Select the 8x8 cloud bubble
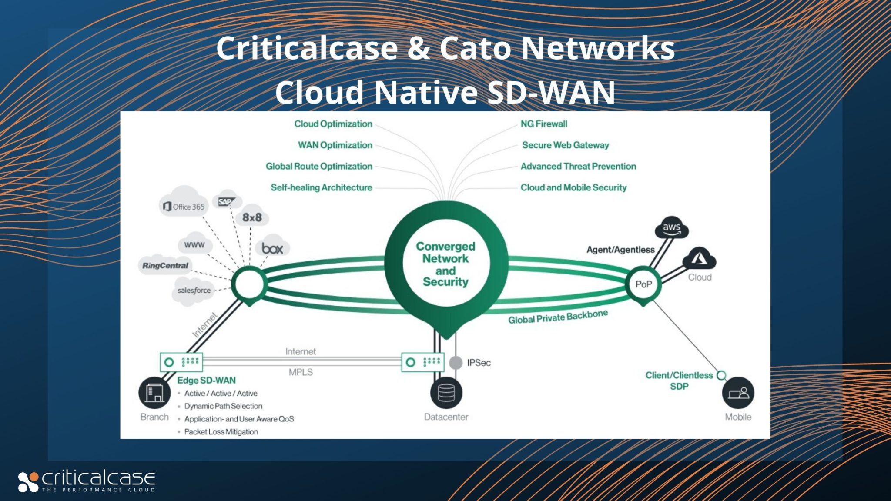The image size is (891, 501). [252, 216]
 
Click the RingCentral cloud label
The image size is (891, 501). [165, 265]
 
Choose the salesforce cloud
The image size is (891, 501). [194, 290]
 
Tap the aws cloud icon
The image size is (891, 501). [671, 227]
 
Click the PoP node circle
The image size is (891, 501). [643, 284]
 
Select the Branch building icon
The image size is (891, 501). [154, 393]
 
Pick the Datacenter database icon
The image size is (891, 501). [446, 393]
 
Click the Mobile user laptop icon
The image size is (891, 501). [738, 393]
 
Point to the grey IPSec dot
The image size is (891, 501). [456, 362]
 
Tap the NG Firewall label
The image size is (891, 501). [544, 124]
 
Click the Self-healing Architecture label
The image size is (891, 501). [322, 187]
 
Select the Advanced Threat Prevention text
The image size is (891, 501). [578, 166]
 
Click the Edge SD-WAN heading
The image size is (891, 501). [206, 380]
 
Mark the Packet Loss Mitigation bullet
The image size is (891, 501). [221, 432]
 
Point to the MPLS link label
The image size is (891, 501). [301, 372]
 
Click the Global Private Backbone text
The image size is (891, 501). [558, 317]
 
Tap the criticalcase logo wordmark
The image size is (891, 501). [98, 478]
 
